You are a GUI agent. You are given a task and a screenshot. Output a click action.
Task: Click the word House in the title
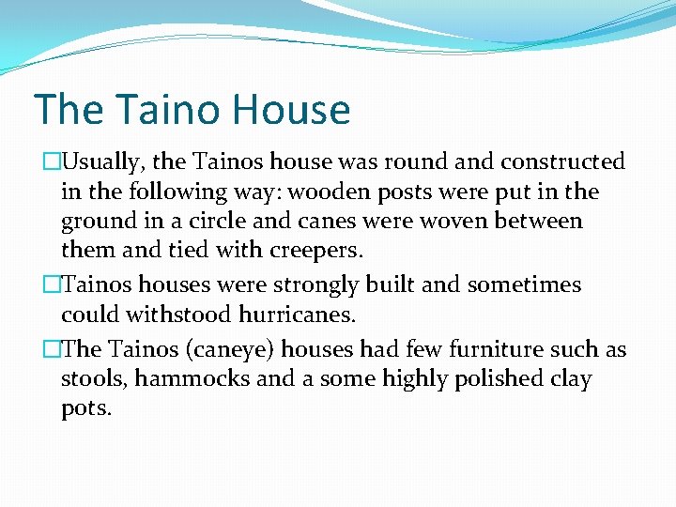pos(292,110)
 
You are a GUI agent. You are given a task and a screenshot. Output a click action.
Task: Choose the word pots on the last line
pos(85,409)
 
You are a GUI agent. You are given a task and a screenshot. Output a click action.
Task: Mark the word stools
pos(90,379)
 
